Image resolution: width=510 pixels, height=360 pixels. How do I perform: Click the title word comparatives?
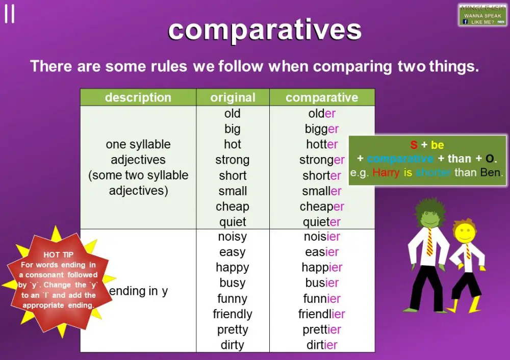(265, 30)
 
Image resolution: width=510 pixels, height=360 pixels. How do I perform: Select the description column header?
(138, 97)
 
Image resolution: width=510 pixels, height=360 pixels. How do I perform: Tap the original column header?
(233, 97)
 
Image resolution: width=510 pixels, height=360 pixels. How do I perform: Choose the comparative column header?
(322, 97)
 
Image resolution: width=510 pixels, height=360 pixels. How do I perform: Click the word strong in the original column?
(233, 160)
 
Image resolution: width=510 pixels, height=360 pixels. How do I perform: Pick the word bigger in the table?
(322, 129)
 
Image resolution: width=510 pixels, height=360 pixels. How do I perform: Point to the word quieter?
(322, 222)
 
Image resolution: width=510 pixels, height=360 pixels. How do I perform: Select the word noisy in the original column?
(233, 237)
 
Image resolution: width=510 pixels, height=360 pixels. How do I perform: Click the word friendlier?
(322, 314)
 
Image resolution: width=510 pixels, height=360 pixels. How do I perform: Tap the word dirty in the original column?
(233, 345)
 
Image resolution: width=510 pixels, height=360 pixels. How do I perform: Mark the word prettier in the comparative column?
(322, 330)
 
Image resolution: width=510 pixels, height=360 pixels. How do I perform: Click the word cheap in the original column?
(233, 207)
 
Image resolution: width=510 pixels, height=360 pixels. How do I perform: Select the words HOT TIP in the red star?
(58, 255)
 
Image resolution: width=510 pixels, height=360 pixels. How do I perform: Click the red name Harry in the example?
(386, 172)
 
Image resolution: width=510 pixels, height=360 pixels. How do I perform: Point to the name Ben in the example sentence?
(491, 172)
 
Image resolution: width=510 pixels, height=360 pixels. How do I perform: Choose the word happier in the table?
(322, 268)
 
